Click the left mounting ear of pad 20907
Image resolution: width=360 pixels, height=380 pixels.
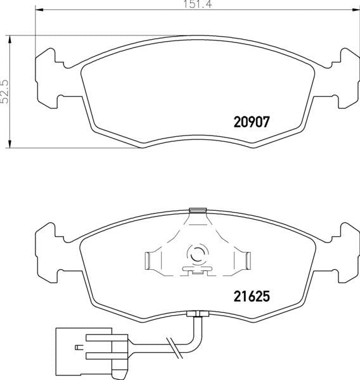pos(46,77)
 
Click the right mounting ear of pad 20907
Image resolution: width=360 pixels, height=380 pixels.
pos(345,77)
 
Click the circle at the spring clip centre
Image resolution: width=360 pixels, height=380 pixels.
pos(196,255)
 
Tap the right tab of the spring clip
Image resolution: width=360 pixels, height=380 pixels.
pos(245,260)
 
